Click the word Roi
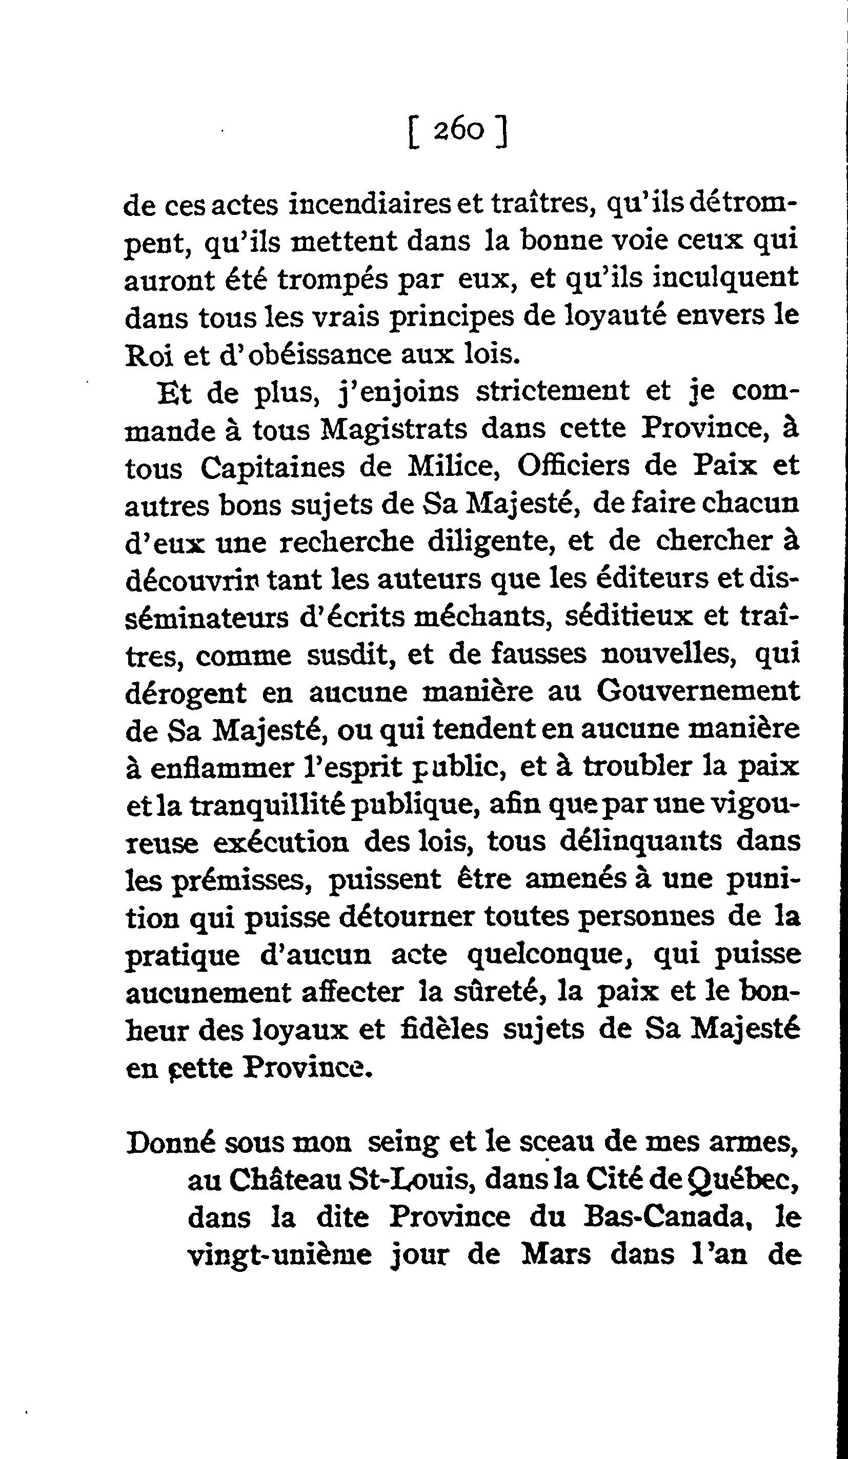click(x=149, y=355)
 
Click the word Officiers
click(x=573, y=466)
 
